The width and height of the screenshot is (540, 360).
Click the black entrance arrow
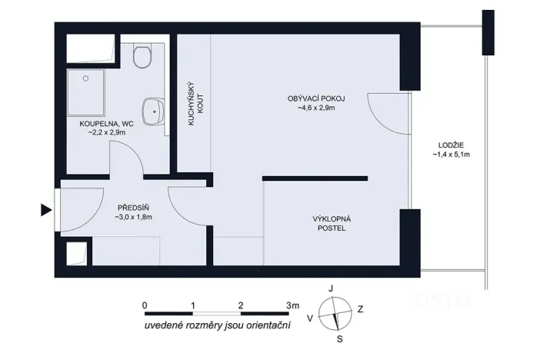coord(46,209)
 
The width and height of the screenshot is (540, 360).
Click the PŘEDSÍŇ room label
coord(132,208)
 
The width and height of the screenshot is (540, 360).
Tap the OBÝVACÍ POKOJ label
coord(316,98)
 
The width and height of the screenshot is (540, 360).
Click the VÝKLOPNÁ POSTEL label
coord(332,223)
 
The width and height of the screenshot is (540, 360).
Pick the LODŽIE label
coord(452,144)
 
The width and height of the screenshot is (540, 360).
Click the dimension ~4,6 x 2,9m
coord(316,108)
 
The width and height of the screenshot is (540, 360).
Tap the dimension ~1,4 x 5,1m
coord(452,154)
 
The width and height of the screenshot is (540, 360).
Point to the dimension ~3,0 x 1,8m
coord(133,218)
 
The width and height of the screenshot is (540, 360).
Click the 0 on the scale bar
coord(145,305)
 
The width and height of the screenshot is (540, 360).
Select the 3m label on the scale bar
coord(292,305)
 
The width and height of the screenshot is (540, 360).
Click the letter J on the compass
coord(331,288)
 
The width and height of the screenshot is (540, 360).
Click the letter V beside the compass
coord(310,317)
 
